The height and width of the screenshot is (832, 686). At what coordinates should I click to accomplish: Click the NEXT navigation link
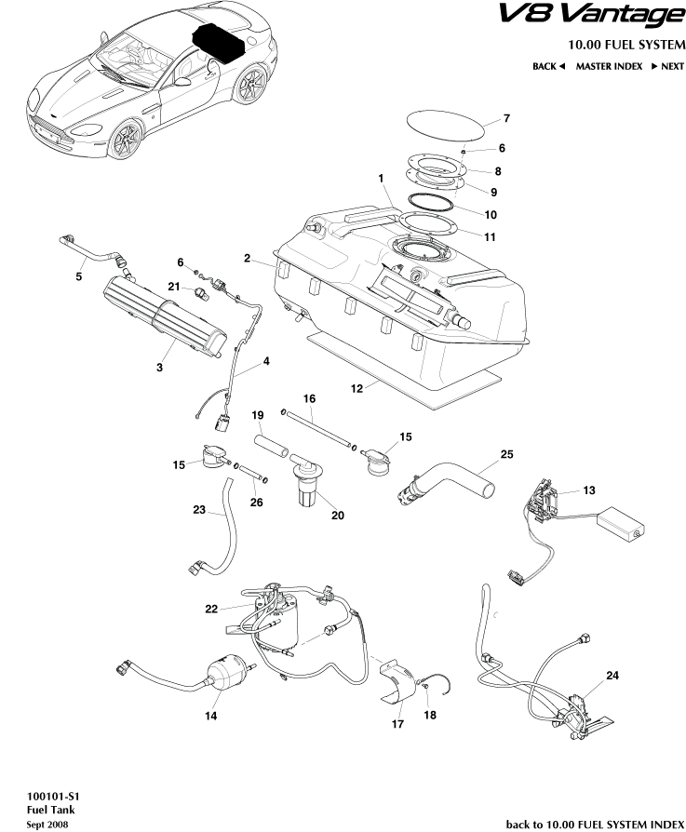tap(666, 66)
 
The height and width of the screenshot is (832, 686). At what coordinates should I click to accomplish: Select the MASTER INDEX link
tap(609, 66)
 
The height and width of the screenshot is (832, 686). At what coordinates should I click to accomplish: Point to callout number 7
tap(506, 118)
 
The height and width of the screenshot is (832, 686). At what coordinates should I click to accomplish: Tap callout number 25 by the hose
tap(506, 454)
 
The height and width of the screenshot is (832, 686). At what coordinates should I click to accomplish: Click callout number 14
tap(211, 716)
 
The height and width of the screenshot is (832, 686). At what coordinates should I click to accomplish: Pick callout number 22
tap(211, 609)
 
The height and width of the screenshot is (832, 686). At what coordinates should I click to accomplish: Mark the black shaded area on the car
tap(218, 43)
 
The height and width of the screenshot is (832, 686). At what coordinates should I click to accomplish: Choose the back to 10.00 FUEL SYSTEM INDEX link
tap(594, 824)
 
